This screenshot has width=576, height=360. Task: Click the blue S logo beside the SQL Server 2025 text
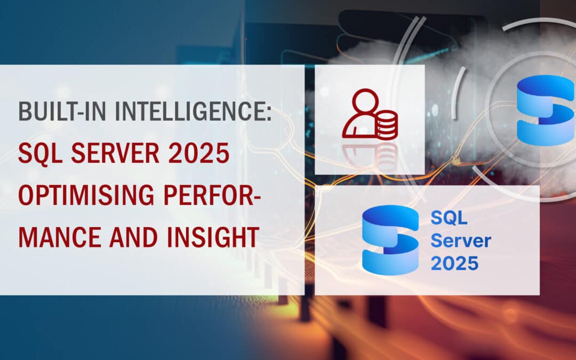click(x=389, y=239)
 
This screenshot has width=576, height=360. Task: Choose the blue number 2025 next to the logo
click(x=455, y=263)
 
